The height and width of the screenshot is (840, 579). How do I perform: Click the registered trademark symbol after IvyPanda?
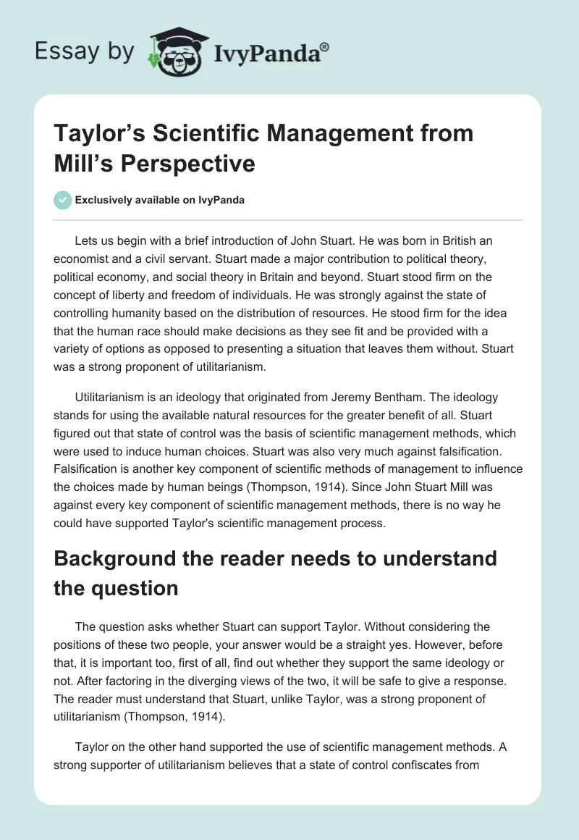point(324,47)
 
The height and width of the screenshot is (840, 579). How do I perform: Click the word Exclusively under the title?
point(105,200)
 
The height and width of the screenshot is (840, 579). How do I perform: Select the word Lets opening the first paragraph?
point(88,240)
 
